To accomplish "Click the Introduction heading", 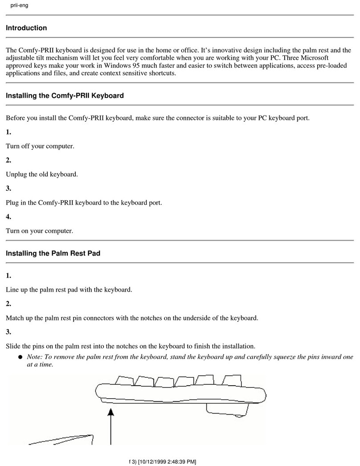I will pos(26,28).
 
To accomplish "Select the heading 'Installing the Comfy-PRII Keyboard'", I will pos(65,95).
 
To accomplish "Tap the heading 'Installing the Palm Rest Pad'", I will pos(53,253).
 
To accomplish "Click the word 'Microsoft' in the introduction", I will pos(312,58).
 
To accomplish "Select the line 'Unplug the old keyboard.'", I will pos(42,174).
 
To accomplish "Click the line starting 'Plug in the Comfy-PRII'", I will pos(84,202).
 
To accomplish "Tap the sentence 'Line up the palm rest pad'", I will pos(69,289).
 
